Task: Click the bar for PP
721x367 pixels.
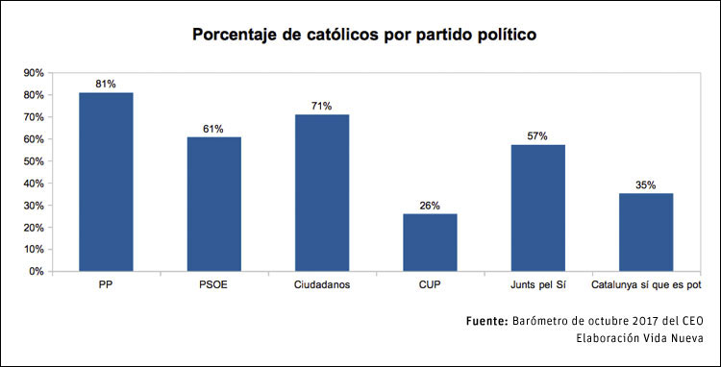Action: [106, 182]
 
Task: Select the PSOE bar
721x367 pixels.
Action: [213, 204]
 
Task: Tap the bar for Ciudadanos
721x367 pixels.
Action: [321, 192]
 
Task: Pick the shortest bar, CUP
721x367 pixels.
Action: [430, 242]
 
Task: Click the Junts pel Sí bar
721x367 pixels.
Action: [537, 208]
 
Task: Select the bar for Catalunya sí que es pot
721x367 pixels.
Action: [646, 232]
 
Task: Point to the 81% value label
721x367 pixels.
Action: [106, 84]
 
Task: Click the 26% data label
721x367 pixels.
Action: [430, 205]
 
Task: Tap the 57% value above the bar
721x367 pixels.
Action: [537, 136]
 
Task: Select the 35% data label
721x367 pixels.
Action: [646, 184]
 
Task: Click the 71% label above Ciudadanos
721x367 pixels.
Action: [321, 106]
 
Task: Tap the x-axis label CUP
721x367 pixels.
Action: [430, 285]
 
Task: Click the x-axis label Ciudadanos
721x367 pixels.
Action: [321, 285]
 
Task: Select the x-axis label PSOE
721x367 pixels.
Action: [213, 285]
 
